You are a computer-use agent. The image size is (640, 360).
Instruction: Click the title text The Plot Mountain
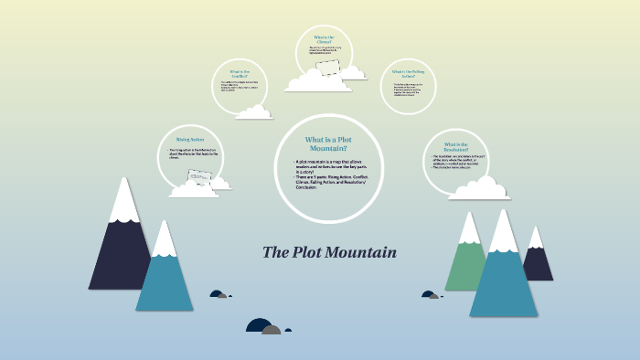[x=329, y=252]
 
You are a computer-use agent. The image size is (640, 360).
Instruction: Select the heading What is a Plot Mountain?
[x=326, y=143]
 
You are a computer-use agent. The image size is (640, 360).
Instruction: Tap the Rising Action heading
[x=190, y=140]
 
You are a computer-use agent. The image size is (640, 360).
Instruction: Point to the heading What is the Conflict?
[x=240, y=73]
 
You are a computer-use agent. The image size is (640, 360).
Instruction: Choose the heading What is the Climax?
[x=324, y=39]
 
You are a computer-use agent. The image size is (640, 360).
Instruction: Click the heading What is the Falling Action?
[x=409, y=73]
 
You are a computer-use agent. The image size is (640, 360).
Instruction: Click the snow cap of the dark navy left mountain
[x=123, y=203]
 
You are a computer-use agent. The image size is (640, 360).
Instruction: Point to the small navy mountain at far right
[x=538, y=260]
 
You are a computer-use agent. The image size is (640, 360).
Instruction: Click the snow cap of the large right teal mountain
[x=504, y=233]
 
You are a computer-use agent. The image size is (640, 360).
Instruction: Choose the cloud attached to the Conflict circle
[x=253, y=111]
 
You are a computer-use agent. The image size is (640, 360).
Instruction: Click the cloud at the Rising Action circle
[x=195, y=187]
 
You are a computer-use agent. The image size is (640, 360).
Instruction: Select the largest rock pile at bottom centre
[x=264, y=326]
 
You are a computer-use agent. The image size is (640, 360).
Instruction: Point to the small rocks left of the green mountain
[x=430, y=294]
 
